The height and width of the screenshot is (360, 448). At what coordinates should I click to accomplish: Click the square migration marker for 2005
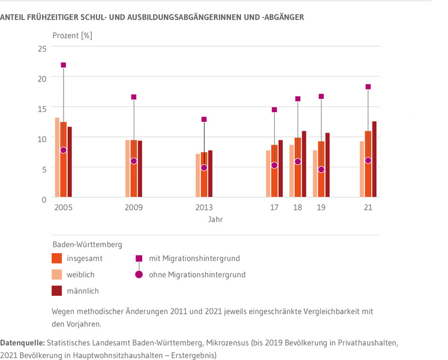click(63, 65)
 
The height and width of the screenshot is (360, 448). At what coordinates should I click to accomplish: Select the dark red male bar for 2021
click(374, 159)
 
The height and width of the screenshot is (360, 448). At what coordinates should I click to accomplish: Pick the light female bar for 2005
click(57, 157)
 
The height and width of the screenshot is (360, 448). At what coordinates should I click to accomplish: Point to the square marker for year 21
click(368, 87)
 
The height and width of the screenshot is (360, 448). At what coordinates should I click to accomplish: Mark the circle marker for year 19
click(321, 170)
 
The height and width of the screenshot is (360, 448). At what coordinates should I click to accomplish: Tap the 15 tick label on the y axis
click(43, 108)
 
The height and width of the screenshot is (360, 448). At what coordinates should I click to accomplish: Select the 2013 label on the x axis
click(204, 208)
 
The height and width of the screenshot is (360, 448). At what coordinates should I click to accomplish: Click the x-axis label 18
click(297, 208)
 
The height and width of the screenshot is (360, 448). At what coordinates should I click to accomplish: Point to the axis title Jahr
click(216, 220)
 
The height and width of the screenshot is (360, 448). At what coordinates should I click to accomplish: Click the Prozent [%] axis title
click(72, 35)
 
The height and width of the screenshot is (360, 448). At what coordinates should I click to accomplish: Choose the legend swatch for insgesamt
click(57, 259)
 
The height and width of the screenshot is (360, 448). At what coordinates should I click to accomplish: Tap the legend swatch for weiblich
click(57, 275)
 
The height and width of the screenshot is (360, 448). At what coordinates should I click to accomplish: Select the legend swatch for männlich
click(57, 291)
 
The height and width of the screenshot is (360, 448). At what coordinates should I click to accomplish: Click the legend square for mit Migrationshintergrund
click(139, 259)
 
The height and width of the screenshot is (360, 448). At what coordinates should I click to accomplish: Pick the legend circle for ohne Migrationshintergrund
click(139, 275)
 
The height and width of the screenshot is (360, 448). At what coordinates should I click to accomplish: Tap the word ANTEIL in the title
click(13, 17)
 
